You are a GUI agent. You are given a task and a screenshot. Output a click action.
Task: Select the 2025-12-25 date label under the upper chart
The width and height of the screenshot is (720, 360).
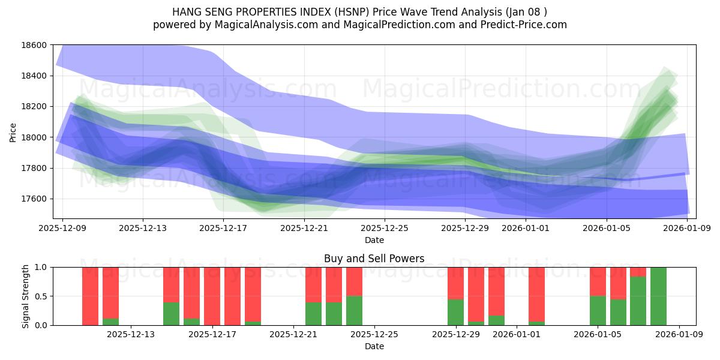(x=385, y=228)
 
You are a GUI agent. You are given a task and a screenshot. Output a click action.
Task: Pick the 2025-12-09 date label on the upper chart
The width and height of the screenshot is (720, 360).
(x=62, y=228)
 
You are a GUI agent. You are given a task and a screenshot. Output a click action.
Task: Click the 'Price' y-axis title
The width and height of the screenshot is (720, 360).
(x=13, y=132)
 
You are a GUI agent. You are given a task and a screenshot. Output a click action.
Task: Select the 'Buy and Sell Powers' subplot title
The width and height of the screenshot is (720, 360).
(x=374, y=259)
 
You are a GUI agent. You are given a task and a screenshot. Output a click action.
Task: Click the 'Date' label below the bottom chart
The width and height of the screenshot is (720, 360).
(x=374, y=346)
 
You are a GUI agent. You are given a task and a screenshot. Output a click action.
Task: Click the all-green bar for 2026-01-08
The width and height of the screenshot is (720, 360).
(x=658, y=296)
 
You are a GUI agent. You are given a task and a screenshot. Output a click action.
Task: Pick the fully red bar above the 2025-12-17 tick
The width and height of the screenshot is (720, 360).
(x=212, y=296)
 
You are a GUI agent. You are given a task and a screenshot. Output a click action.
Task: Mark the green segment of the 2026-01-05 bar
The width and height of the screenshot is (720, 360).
(x=598, y=311)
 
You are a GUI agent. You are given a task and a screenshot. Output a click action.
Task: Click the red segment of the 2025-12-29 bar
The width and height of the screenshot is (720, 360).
(x=455, y=283)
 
